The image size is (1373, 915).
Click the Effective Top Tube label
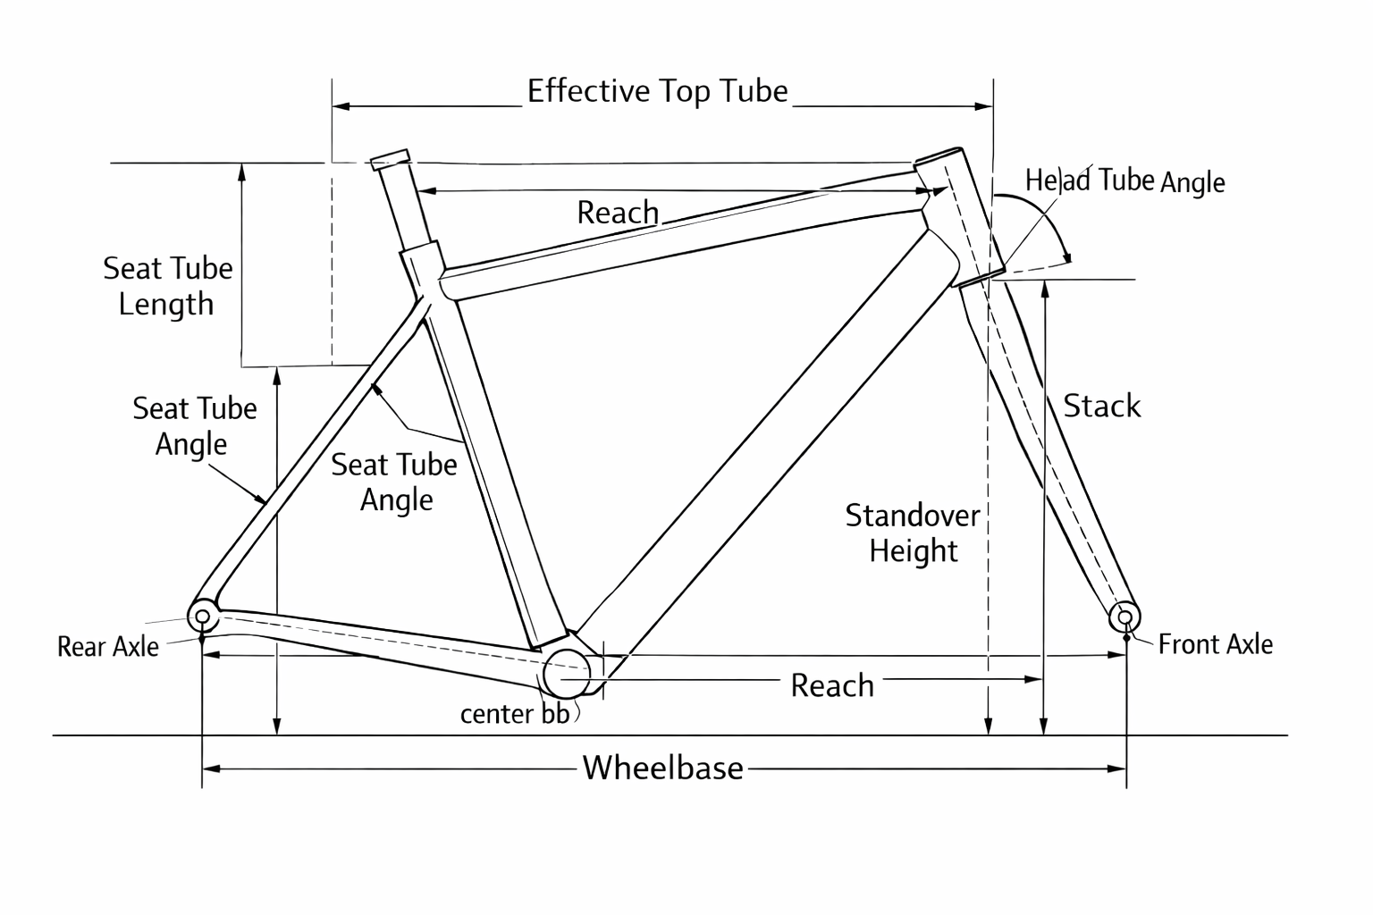(657, 91)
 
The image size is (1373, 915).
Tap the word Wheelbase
(662, 768)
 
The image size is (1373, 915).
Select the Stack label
(1101, 407)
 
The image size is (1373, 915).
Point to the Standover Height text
(913, 533)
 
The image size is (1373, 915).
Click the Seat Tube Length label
(167, 286)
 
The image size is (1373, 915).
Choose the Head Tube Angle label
(1125, 181)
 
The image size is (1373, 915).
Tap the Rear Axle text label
(107, 647)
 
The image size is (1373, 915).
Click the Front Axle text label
(1215, 644)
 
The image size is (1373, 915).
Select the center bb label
(514, 714)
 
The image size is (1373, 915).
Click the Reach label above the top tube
(618, 213)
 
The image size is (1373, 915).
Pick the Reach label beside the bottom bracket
(832, 686)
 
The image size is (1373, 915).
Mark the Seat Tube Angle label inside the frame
(394, 483)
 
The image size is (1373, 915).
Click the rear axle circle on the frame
(203, 617)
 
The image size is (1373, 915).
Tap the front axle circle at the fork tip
(1125, 617)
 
